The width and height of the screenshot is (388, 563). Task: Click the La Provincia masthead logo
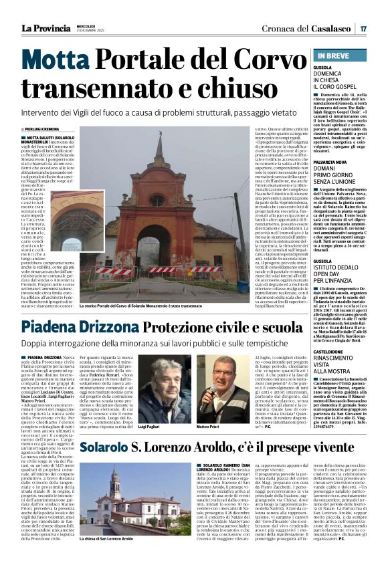[x=45, y=29]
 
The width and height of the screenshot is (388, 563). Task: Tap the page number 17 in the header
[x=363, y=29]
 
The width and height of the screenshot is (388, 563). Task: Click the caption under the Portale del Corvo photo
[x=158, y=305]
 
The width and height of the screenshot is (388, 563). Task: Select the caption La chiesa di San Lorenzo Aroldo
[x=108, y=556]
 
